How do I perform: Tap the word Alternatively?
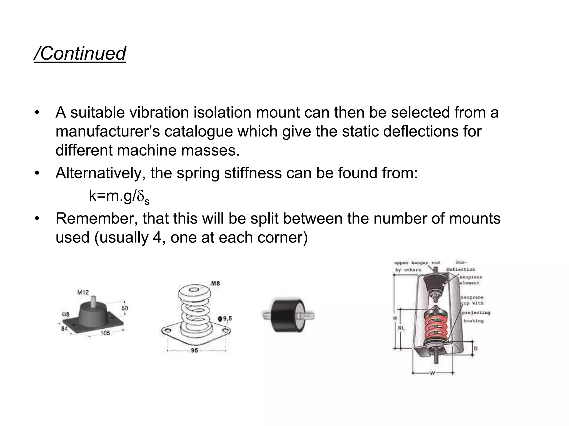point(100,173)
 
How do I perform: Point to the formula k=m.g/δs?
point(119,196)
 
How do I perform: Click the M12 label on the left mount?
point(83,292)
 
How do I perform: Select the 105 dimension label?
point(105,333)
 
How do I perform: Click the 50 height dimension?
point(125,308)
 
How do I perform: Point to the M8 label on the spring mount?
point(215,283)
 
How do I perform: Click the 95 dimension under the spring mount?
point(194,351)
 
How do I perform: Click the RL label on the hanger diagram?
point(401,328)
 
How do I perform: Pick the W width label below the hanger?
point(432,373)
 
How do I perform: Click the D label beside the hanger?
point(475,348)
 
